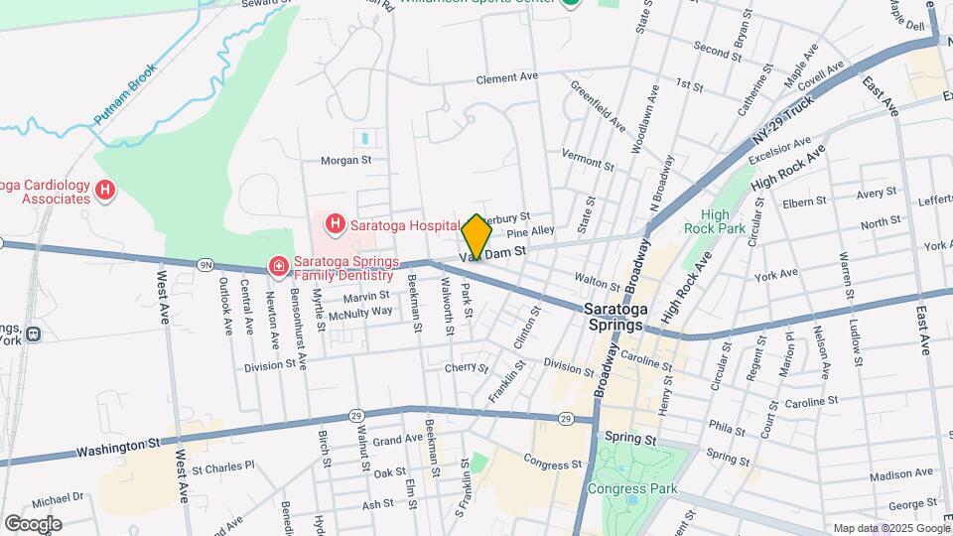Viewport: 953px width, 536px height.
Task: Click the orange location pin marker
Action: [476, 236]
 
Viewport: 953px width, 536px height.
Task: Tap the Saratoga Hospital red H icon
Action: [335, 224]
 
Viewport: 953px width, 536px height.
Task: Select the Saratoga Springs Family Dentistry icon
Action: [279, 267]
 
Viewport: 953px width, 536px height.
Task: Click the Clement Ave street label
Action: [506, 77]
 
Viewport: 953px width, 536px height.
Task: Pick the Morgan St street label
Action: [345, 159]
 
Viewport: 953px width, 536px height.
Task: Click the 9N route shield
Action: [205, 264]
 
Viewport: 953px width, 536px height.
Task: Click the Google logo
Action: [33, 523]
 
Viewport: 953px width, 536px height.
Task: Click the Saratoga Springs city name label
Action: [614, 318]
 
